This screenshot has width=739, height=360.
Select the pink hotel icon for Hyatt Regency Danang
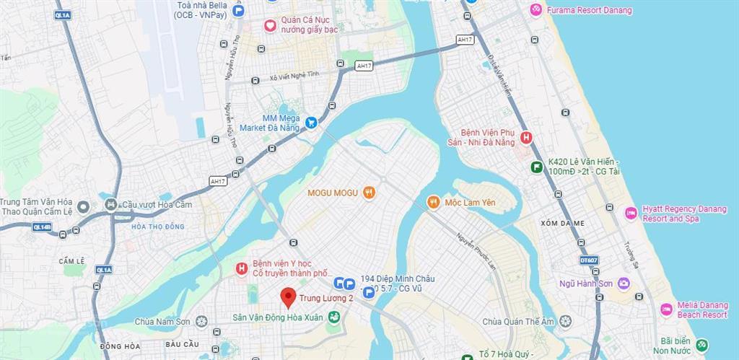pos(631,213)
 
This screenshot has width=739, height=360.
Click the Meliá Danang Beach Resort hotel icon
pos(666,309)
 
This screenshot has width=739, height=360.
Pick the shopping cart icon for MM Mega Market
pos(311,123)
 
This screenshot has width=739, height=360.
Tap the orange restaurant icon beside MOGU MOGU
pos(369,192)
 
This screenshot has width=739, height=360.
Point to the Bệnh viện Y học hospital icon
pos(242,269)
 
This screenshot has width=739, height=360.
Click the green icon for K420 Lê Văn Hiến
pos(536,167)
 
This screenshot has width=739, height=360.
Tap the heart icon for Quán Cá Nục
pos(270,25)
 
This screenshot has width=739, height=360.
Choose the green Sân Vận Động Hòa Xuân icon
pos(333,317)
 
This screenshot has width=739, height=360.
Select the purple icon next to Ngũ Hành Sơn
pos(624,284)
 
